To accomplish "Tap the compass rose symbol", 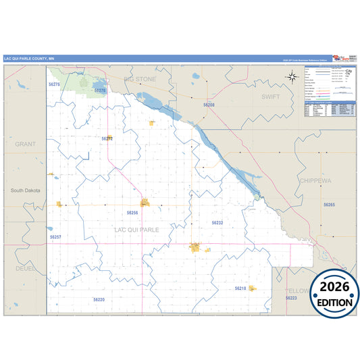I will (x=292, y=76).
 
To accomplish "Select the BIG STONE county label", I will (x=139, y=79).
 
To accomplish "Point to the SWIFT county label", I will (x=270, y=97).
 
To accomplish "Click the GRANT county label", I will (x=25, y=144).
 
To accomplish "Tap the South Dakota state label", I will (x=26, y=190).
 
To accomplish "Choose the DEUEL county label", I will (x=25, y=268).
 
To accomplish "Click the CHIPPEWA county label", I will (x=315, y=181).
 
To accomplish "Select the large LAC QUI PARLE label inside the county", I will (x=136, y=230).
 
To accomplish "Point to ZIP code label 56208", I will (x=209, y=105).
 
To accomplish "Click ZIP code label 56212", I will (x=107, y=138).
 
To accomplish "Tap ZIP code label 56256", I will (x=132, y=212).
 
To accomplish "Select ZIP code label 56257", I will (x=55, y=237).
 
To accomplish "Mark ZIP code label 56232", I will (x=217, y=222).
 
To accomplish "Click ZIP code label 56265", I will (x=329, y=204).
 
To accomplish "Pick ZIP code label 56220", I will (x=99, y=299).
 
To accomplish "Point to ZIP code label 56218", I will (x=240, y=288).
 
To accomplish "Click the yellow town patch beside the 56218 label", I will (x=253, y=288).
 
